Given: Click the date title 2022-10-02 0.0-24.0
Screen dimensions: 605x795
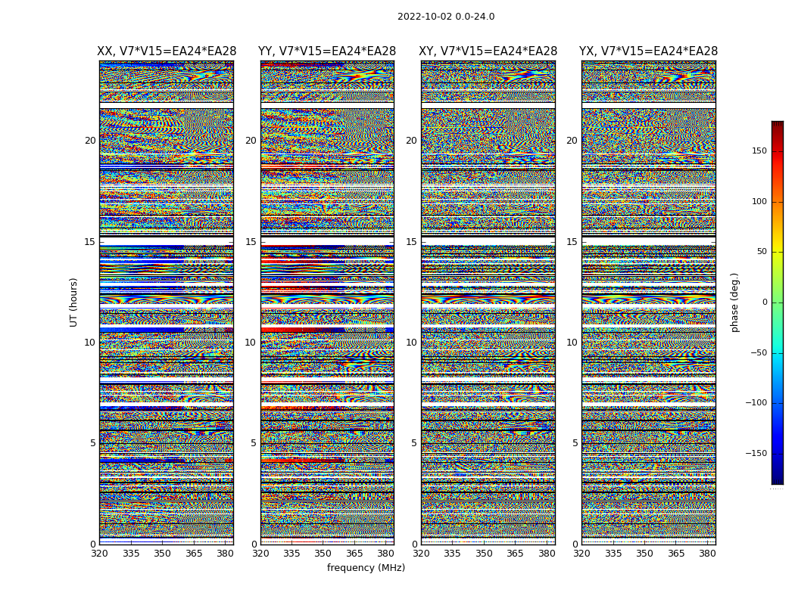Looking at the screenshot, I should point(446,17).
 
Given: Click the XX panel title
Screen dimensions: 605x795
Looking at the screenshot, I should point(167,51).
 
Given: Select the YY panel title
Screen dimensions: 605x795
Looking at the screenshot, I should point(327,51).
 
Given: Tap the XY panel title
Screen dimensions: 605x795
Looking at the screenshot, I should point(488,51).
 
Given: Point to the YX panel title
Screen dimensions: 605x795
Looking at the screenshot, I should point(648,51).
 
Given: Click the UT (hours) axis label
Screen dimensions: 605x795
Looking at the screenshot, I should point(74,302).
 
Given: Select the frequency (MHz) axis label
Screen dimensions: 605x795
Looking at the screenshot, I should point(366,568).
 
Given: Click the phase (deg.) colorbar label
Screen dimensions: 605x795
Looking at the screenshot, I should point(734,302).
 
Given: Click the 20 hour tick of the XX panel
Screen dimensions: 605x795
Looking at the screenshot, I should point(90,141).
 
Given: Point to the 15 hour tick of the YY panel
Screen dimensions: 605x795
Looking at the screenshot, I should point(251,242).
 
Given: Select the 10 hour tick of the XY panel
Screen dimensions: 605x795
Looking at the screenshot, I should point(411,343).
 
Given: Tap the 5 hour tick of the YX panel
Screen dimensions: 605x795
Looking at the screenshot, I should point(575,443).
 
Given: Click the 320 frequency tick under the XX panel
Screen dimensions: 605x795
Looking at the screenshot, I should point(99,554).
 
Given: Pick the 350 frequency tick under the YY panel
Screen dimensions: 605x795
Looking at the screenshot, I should point(323,554).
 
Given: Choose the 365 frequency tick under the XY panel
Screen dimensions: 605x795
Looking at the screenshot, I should point(515,554).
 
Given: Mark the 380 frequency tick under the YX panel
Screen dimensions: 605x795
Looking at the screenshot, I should point(707,554).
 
